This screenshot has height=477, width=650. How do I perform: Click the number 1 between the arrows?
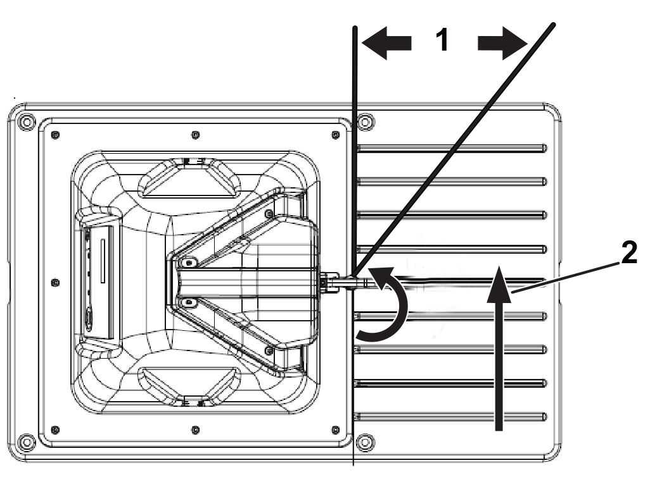pyautogui.click(x=442, y=40)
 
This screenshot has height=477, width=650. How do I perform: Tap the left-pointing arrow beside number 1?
pyautogui.click(x=386, y=42)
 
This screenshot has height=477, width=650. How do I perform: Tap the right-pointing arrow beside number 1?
pyautogui.click(x=502, y=42)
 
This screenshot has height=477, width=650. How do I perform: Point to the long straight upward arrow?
pyautogui.click(x=499, y=349)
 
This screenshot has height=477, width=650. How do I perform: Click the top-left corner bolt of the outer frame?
pyautogui.click(x=26, y=122)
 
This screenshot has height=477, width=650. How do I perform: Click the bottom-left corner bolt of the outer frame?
pyautogui.click(x=26, y=442)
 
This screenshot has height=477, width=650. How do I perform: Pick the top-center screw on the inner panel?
pyautogui.click(x=195, y=135)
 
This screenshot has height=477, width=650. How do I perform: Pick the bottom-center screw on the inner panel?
pyautogui.click(x=195, y=430)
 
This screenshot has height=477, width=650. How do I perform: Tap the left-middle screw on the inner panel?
pyautogui.click(x=55, y=282)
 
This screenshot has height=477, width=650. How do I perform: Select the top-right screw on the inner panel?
pyautogui.click(x=335, y=135)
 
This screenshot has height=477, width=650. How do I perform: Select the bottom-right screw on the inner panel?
pyautogui.click(x=335, y=430)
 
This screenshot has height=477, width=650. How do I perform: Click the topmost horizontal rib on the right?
pyautogui.click(x=451, y=148)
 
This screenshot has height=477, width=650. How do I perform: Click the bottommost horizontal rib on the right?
pyautogui.click(x=451, y=416)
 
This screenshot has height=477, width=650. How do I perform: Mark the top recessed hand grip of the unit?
pyautogui.click(x=189, y=177)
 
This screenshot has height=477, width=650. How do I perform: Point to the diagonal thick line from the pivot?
pyautogui.click(x=453, y=151)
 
